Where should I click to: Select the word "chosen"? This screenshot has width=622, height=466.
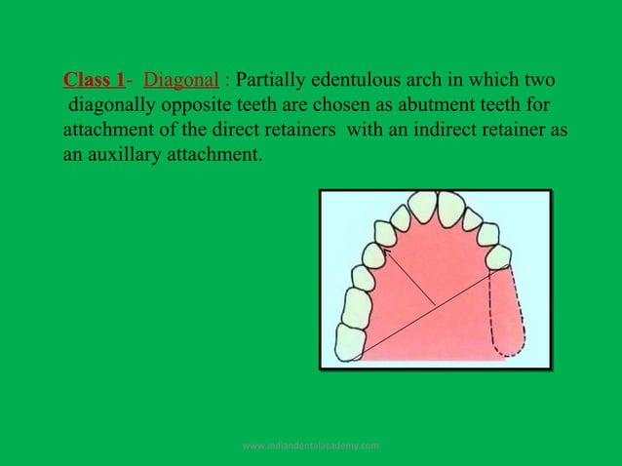[321, 104]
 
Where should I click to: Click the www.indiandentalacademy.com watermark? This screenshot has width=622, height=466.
[311, 446]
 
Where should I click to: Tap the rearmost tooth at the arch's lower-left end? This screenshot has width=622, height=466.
[349, 340]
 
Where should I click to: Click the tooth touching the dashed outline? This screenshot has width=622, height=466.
[498, 257]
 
